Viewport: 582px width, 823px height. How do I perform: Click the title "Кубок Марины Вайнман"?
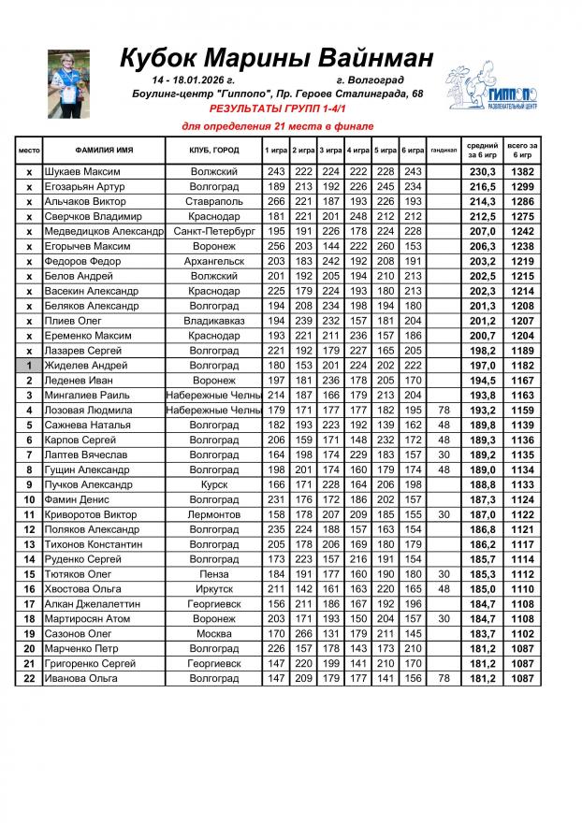point(277,59)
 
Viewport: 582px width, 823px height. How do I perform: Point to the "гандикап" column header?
point(444,151)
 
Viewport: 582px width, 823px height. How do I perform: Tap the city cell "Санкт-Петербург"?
point(214,231)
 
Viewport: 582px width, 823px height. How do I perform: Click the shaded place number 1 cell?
point(29,365)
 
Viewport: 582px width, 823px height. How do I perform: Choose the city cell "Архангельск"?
point(214,261)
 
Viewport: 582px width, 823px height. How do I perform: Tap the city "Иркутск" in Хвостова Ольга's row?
point(214,588)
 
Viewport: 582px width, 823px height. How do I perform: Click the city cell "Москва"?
point(214,633)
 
